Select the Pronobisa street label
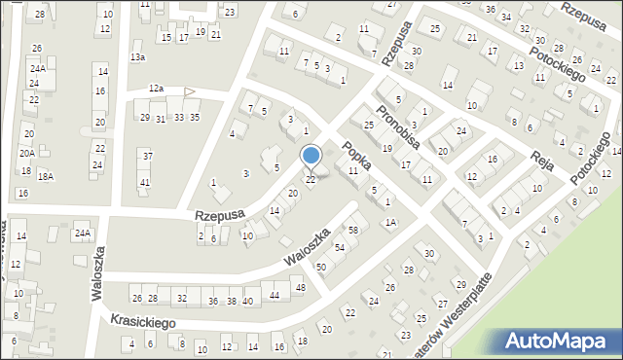398,126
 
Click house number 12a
156,89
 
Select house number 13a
138,57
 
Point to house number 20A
26,153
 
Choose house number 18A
45,176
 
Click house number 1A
389,223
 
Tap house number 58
352,230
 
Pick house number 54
340,248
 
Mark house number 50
321,267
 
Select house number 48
300,288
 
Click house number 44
275,295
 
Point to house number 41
145,183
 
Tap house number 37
146,156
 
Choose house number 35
195,118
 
